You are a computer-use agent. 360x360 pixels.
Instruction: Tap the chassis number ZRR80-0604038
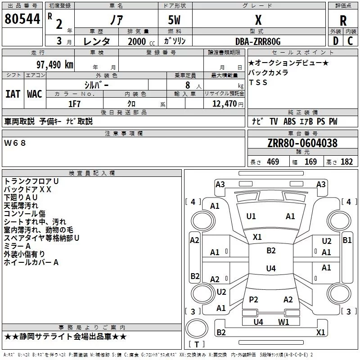coord(302,144)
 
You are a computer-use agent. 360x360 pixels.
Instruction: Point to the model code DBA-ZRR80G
coord(258,41)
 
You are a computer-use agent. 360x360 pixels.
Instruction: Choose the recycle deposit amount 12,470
coord(223,103)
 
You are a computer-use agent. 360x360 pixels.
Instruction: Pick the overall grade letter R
coord(343,20)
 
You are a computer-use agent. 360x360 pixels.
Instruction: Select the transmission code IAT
coord(13,94)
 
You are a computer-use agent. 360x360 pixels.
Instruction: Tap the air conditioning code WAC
coord(35,94)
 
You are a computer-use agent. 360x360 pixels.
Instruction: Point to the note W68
coord(15,143)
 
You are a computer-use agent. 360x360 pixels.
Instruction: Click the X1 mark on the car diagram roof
coord(257,237)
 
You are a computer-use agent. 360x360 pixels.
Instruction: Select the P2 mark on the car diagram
coord(254,300)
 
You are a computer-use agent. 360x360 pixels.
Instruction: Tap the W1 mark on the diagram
coord(283,322)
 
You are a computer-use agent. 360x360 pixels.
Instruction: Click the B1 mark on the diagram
coord(347,240)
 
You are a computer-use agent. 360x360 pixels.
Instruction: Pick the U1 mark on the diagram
coord(251,216)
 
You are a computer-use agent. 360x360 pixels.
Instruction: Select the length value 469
coord(273,162)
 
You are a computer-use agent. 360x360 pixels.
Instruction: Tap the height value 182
coord(346,162)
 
